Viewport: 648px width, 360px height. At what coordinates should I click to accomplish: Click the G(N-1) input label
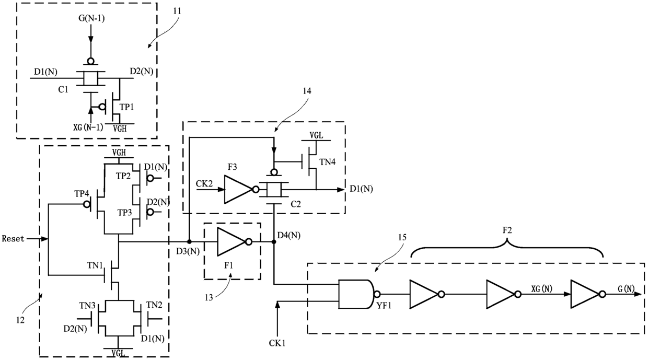(91, 18)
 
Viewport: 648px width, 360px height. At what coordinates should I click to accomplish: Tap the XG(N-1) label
(88, 127)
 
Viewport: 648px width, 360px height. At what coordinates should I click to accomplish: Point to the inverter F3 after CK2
(241, 189)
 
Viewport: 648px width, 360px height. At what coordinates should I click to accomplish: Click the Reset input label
(13, 239)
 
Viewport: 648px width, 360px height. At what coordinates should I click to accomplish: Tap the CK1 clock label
(277, 343)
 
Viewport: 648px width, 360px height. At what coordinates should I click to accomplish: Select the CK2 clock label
(204, 183)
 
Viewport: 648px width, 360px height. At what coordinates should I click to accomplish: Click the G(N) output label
(626, 288)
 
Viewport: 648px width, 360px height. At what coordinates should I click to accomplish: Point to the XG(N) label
(541, 288)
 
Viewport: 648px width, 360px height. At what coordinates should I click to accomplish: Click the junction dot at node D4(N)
(274, 242)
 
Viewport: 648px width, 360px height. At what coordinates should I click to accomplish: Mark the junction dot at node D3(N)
(189, 242)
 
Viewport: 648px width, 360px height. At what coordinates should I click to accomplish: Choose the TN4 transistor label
(328, 162)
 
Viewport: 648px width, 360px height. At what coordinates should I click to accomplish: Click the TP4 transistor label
(82, 194)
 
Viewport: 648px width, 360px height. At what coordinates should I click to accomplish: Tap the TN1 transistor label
(95, 265)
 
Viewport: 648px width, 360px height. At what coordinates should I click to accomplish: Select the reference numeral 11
(177, 11)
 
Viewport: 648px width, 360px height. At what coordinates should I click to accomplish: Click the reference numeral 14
(307, 91)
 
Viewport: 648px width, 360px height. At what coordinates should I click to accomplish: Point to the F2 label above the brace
(507, 230)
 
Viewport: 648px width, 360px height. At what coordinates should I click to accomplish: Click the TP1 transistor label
(127, 107)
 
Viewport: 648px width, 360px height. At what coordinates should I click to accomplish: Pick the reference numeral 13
(209, 297)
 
